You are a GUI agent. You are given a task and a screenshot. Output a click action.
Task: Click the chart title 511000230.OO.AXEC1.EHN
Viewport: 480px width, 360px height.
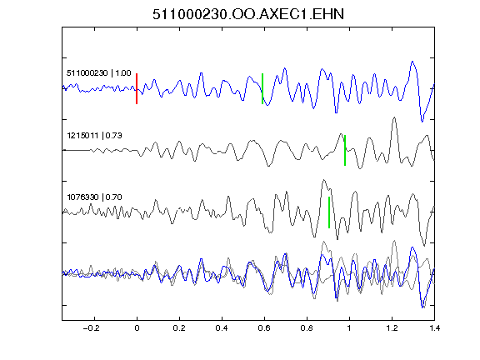click(x=248, y=14)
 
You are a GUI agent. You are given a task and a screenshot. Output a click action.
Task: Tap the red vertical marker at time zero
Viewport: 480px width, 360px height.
click(x=137, y=89)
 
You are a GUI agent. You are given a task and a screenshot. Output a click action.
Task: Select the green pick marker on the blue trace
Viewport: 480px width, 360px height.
click(x=262, y=89)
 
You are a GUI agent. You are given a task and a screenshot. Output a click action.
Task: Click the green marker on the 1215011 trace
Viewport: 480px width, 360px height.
click(x=345, y=150)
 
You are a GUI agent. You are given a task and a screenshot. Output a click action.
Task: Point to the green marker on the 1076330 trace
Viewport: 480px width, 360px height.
click(x=329, y=212)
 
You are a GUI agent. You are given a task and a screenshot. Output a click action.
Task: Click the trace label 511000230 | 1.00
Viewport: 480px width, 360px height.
click(x=99, y=73)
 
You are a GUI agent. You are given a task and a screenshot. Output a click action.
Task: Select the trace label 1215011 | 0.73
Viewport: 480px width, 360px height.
click(x=95, y=135)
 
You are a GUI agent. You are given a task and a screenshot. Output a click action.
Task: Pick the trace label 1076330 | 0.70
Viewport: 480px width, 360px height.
click(x=95, y=197)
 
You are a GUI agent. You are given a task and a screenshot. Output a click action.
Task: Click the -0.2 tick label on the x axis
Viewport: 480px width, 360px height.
click(x=92, y=328)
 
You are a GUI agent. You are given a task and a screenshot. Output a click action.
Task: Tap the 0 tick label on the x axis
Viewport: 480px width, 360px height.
click(x=137, y=328)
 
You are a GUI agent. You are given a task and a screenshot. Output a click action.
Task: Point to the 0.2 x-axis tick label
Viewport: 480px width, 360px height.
click(x=179, y=328)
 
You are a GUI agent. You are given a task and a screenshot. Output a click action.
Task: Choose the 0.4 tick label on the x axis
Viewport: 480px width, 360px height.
click(x=222, y=328)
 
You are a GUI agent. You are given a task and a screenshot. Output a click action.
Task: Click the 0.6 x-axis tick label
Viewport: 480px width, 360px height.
click(x=264, y=328)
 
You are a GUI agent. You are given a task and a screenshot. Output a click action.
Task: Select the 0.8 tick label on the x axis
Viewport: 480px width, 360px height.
click(x=307, y=328)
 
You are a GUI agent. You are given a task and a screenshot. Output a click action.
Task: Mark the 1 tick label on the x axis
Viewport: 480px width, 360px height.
click(x=349, y=328)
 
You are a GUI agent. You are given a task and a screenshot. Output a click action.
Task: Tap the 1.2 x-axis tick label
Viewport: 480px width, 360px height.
click(x=392, y=328)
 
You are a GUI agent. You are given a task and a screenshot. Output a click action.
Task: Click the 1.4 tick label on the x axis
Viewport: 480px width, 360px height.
click(x=434, y=328)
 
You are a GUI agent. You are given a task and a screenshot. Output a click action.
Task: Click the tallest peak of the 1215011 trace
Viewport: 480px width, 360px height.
click(x=394, y=117)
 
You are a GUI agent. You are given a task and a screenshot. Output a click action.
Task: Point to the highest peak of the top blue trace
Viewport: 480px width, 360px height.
click(x=412, y=62)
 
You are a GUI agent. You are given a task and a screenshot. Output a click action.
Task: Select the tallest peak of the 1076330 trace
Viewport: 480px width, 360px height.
click(x=323, y=180)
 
